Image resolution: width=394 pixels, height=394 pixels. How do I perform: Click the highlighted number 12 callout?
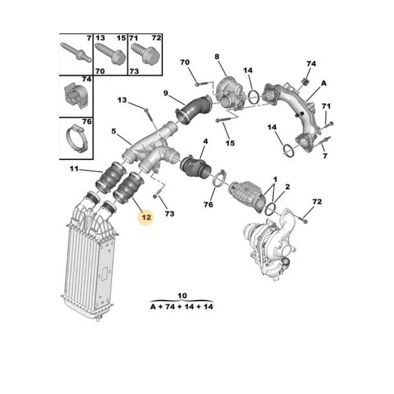(x=146, y=217)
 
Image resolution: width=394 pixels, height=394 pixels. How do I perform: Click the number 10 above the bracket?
(x=182, y=295)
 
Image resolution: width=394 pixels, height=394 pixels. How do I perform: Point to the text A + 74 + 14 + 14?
(x=182, y=306)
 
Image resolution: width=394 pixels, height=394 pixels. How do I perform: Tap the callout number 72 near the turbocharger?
(x=317, y=202)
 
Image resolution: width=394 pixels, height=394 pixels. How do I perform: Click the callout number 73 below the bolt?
(x=169, y=214)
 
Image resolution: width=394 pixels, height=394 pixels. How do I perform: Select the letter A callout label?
(x=324, y=83)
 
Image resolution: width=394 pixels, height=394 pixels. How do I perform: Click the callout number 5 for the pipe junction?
(x=113, y=132)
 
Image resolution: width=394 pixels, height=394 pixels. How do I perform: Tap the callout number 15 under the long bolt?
(x=230, y=143)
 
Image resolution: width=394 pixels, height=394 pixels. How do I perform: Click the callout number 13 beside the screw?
(x=122, y=100)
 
